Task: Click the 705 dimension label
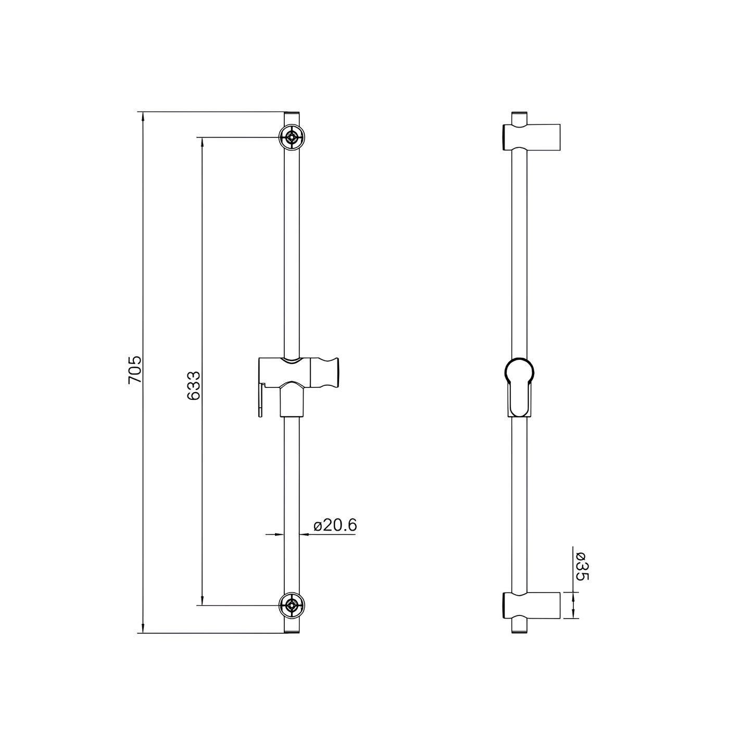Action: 135,370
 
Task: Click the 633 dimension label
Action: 194,385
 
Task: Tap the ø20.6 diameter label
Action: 335,525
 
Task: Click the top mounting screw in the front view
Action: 292,137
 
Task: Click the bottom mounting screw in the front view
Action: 292,606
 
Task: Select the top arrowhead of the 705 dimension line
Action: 142,117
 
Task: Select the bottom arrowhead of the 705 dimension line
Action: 142,629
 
